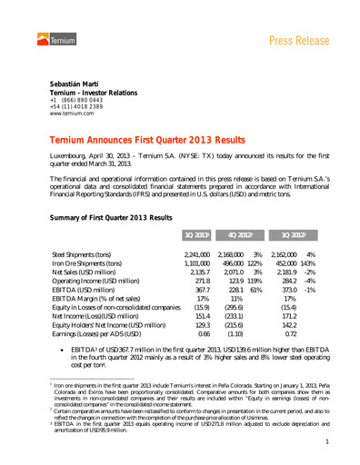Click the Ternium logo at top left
pyautogui.click(x=54, y=36)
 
